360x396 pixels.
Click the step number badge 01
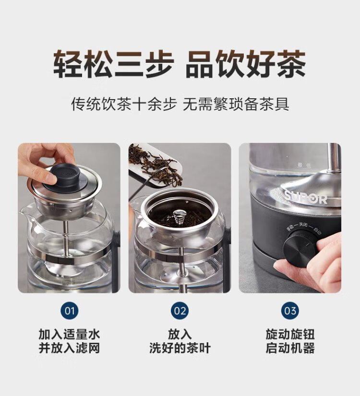pos(69,311)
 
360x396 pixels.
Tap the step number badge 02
pos(180,311)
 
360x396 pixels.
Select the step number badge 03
pos(290,311)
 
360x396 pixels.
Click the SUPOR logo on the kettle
pos(306,198)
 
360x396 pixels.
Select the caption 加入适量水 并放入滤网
pos(69,341)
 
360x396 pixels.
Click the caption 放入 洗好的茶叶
pos(180,341)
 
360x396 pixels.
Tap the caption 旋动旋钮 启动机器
pos(290,341)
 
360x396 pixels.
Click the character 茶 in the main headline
pos(291,63)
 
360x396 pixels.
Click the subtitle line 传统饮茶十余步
pos(124,104)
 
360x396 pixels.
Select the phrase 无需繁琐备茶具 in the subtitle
pos(236,104)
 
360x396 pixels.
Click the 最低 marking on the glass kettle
pos(304,165)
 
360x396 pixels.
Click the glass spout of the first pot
pos(26,212)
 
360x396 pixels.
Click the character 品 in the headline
pos(201,63)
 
